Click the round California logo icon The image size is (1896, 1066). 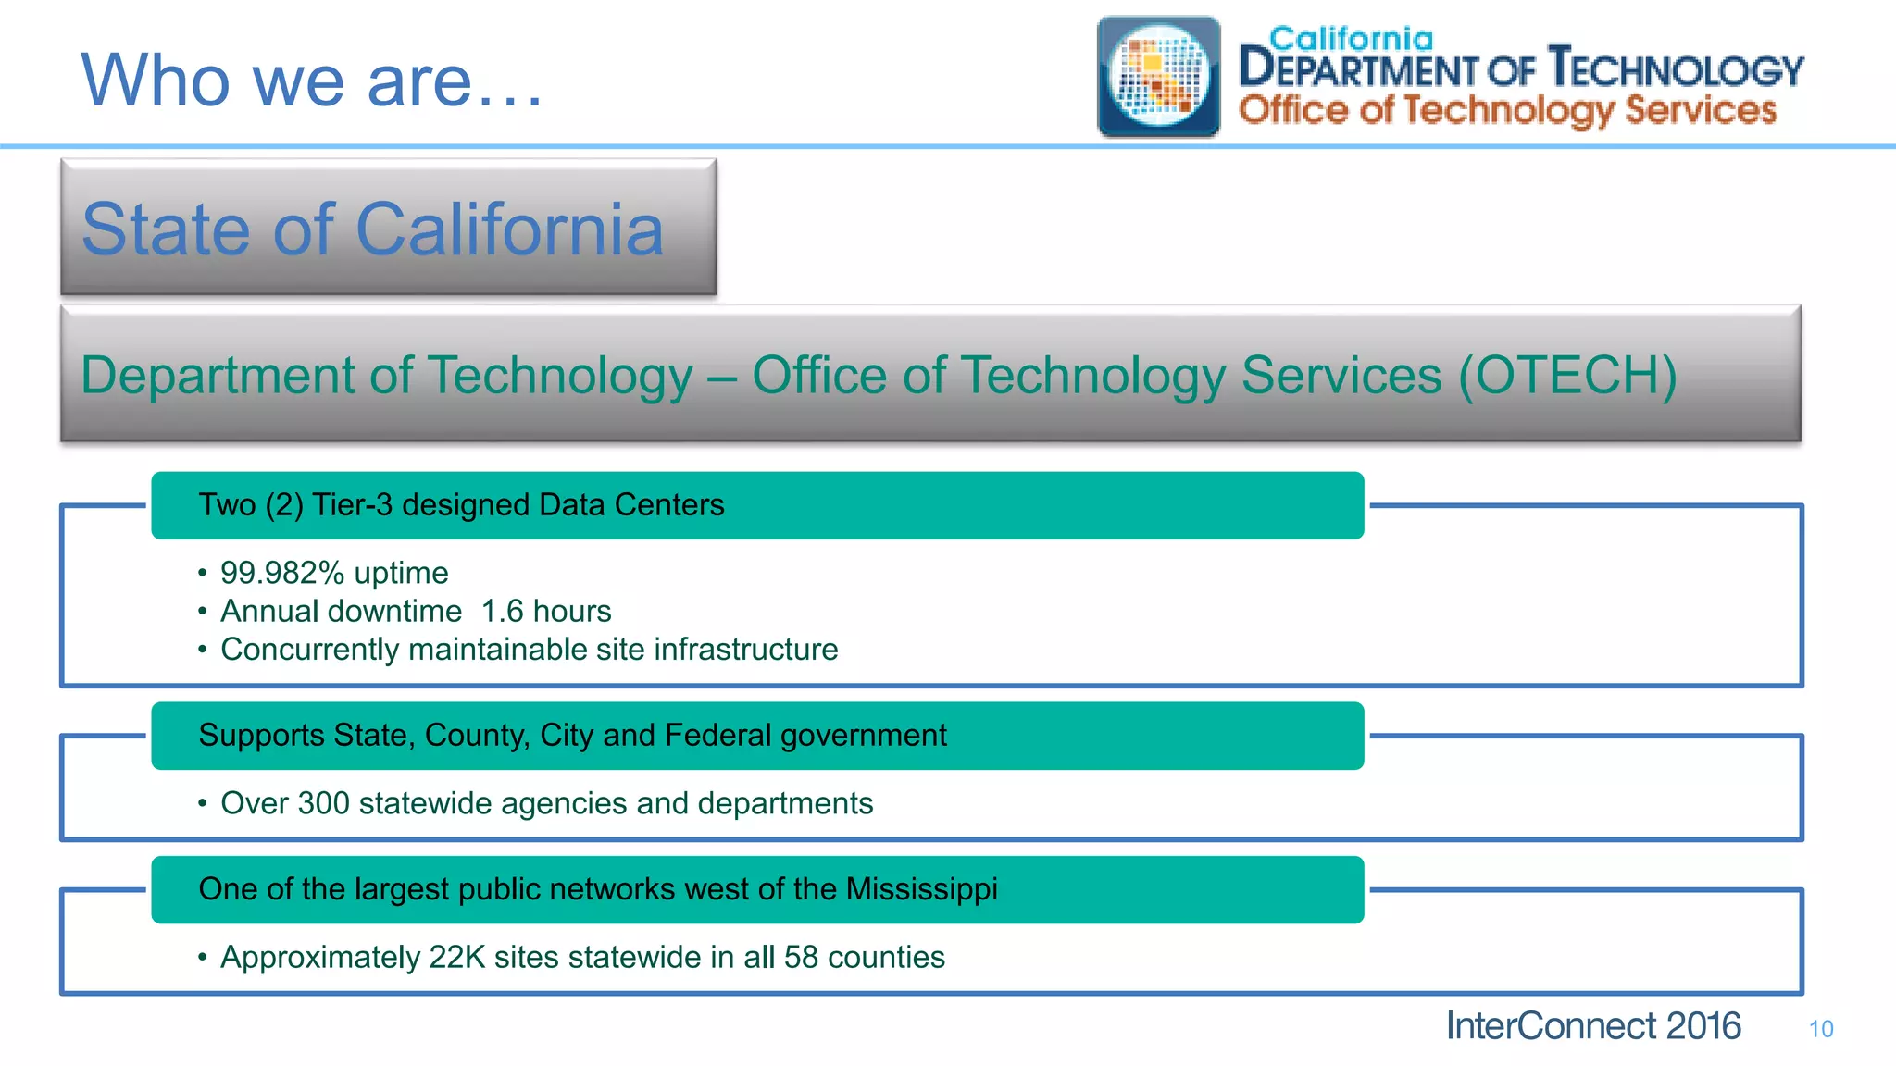pos(1158,76)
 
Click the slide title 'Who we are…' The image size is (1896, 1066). pos(312,81)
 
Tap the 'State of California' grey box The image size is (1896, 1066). pos(388,228)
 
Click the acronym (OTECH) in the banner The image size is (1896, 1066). pos(1567,375)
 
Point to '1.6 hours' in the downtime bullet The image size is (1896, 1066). pos(546,612)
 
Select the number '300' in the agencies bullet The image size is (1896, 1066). pos(323,803)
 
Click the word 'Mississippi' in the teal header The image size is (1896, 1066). pos(921,889)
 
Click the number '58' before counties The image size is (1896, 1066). pos(801,957)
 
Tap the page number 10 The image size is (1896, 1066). pos(1820,1029)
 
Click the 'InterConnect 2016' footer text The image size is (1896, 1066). pos(1592,1026)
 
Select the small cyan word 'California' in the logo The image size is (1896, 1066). pos(1351,39)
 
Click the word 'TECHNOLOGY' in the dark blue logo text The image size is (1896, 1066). pos(1676,69)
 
